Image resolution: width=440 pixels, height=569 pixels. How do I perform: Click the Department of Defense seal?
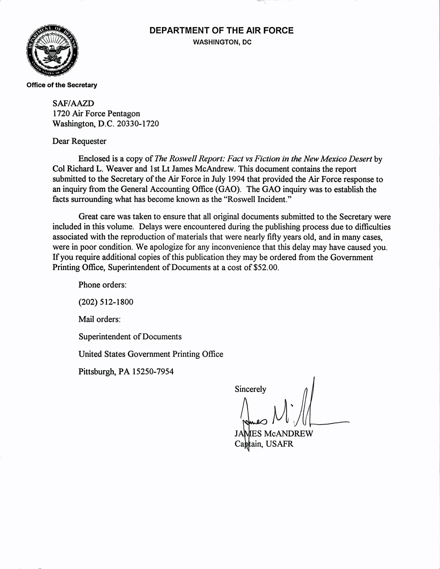[52, 51]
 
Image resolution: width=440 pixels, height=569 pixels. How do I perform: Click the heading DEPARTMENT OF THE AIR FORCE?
[221, 31]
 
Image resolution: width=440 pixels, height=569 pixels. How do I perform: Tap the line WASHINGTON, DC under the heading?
[222, 42]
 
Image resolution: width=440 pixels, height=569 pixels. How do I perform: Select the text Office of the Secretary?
[62, 85]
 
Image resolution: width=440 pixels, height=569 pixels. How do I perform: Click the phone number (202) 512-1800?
[106, 302]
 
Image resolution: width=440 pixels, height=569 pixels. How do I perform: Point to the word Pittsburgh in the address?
[97, 371]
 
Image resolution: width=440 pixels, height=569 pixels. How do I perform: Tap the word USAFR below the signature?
[280, 444]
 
